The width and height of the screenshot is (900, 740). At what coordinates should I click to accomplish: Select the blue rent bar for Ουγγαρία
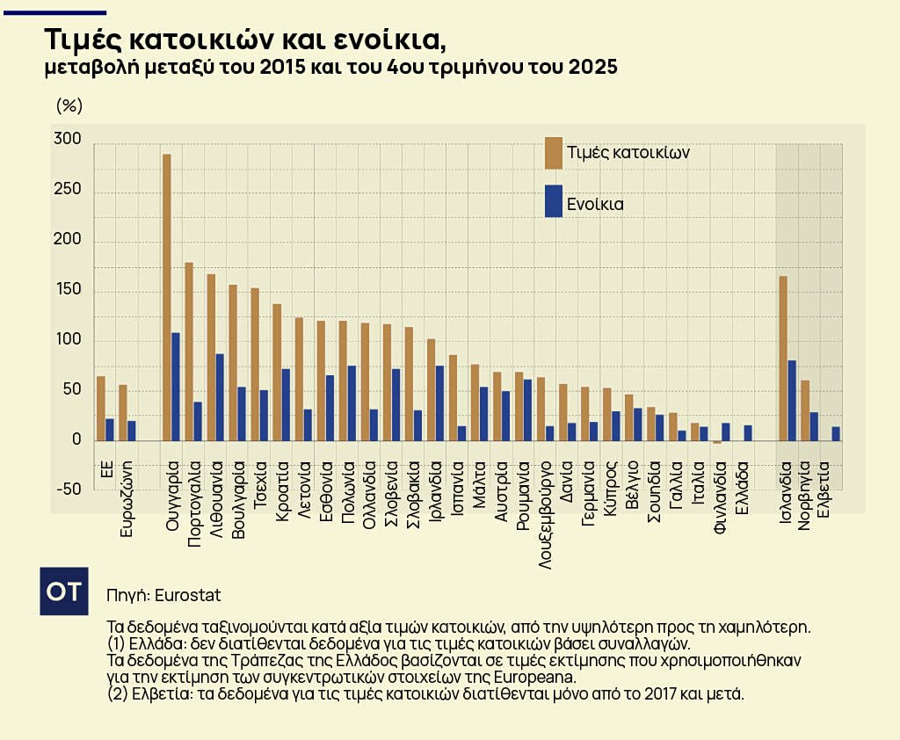coord(177,386)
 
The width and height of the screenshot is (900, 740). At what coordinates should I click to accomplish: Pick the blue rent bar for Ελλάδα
coord(748,432)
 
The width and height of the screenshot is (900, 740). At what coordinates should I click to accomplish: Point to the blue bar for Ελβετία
coord(836,433)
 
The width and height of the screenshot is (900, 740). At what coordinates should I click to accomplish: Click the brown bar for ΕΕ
coord(101,408)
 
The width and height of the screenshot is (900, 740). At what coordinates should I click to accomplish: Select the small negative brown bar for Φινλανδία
coord(717,442)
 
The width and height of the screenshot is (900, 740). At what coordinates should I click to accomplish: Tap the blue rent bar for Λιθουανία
coord(221,396)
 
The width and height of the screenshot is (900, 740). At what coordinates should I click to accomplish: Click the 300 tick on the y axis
coord(67,141)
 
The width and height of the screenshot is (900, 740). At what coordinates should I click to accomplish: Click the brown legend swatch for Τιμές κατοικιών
coord(554,152)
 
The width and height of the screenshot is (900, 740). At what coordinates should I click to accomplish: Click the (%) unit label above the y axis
coord(69,106)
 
